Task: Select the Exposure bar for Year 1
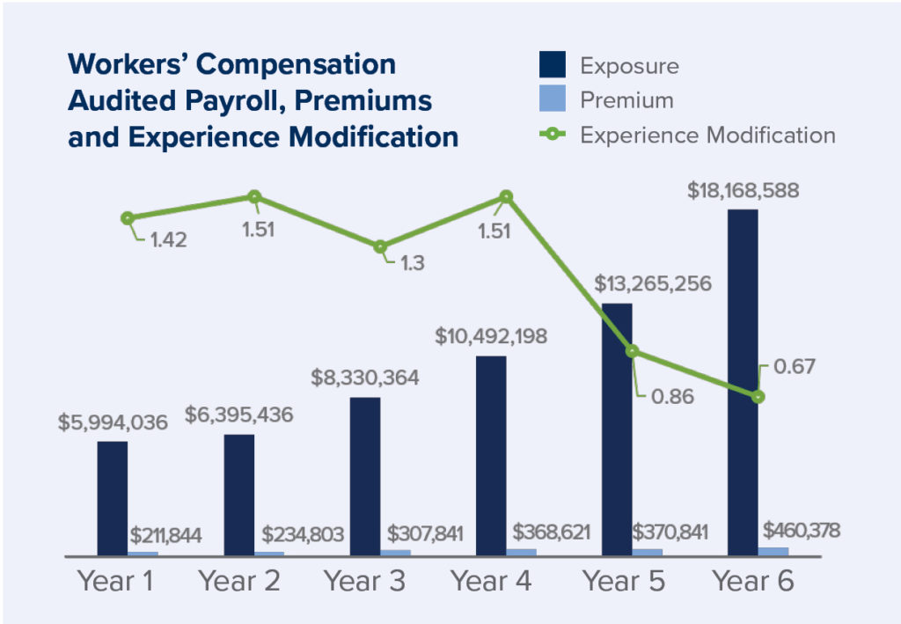click(112, 498)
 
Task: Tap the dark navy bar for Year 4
click(491, 456)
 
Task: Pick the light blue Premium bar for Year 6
click(773, 552)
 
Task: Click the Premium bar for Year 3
click(396, 553)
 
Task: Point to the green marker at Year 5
click(633, 351)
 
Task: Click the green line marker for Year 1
click(128, 218)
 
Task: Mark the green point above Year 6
click(758, 397)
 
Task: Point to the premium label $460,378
click(802, 531)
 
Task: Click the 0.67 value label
click(794, 365)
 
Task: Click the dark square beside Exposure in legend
click(552, 66)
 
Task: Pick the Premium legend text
click(626, 100)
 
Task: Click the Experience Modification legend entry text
click(707, 135)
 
